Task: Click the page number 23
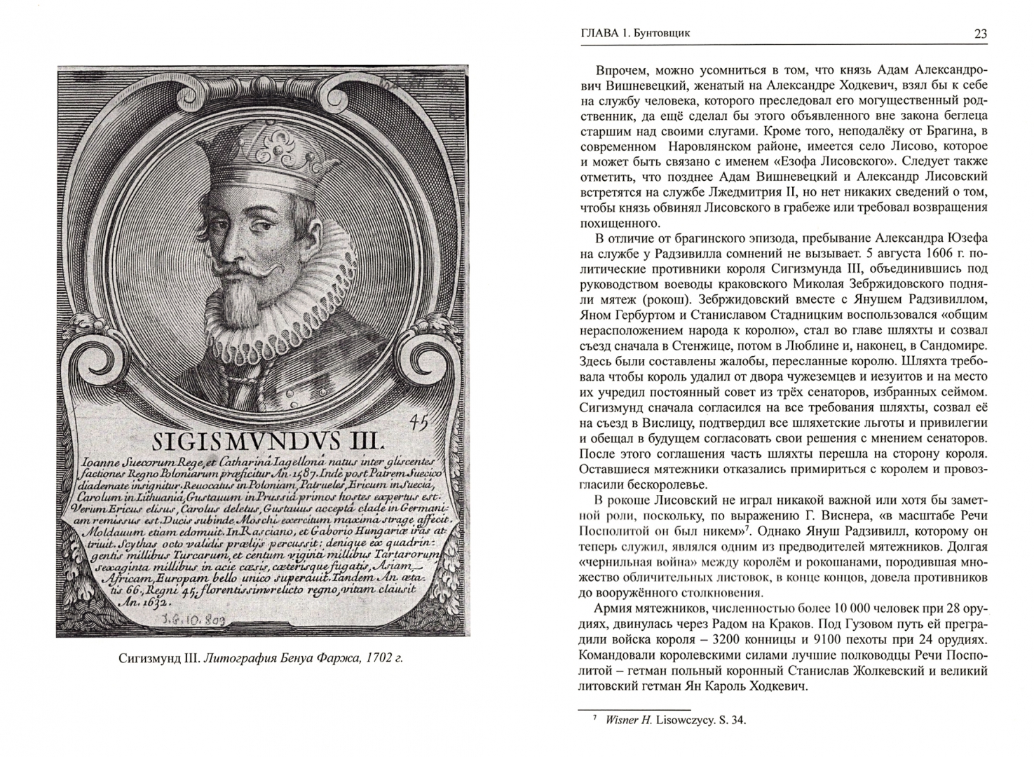[x=980, y=33]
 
